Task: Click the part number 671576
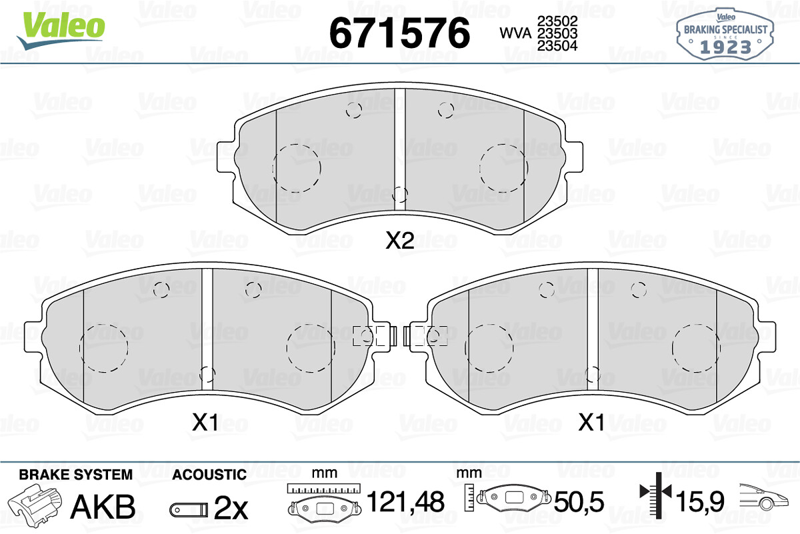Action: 399,33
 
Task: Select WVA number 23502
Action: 557,21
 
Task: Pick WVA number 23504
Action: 557,46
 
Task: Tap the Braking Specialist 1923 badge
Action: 725,34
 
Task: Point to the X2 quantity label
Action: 400,241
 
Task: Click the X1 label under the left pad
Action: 205,423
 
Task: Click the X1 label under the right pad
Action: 591,423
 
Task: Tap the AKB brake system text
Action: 103,507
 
